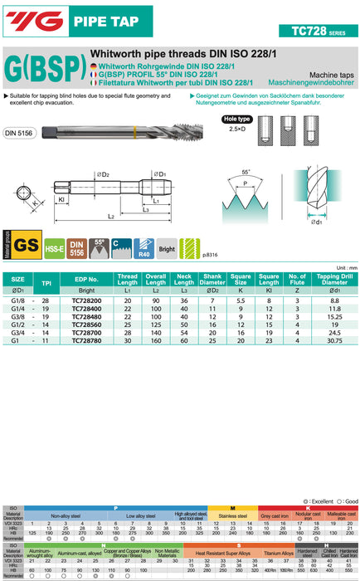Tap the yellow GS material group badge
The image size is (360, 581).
pos(27,244)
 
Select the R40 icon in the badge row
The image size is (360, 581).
pos(145,244)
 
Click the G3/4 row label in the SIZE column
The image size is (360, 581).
pos(17,332)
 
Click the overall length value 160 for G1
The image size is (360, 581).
pos(162,340)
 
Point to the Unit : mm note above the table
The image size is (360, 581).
pos(340,267)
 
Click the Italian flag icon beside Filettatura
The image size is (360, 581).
pos(94,83)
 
